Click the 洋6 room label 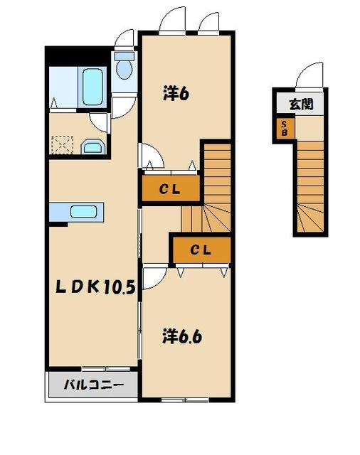[176, 93]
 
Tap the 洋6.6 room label [181, 336]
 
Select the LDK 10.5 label [95, 287]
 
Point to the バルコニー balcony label [93, 385]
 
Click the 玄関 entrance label [302, 104]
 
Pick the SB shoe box [285, 128]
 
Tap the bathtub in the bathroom [92, 87]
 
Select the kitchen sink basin [84, 212]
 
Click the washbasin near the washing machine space [93, 146]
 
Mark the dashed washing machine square [62, 145]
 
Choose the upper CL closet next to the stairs [171, 188]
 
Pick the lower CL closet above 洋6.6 [201, 250]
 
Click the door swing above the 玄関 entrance [309, 75]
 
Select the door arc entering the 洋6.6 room [154, 278]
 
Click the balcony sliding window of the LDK [106, 369]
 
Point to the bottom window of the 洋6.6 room [185, 400]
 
